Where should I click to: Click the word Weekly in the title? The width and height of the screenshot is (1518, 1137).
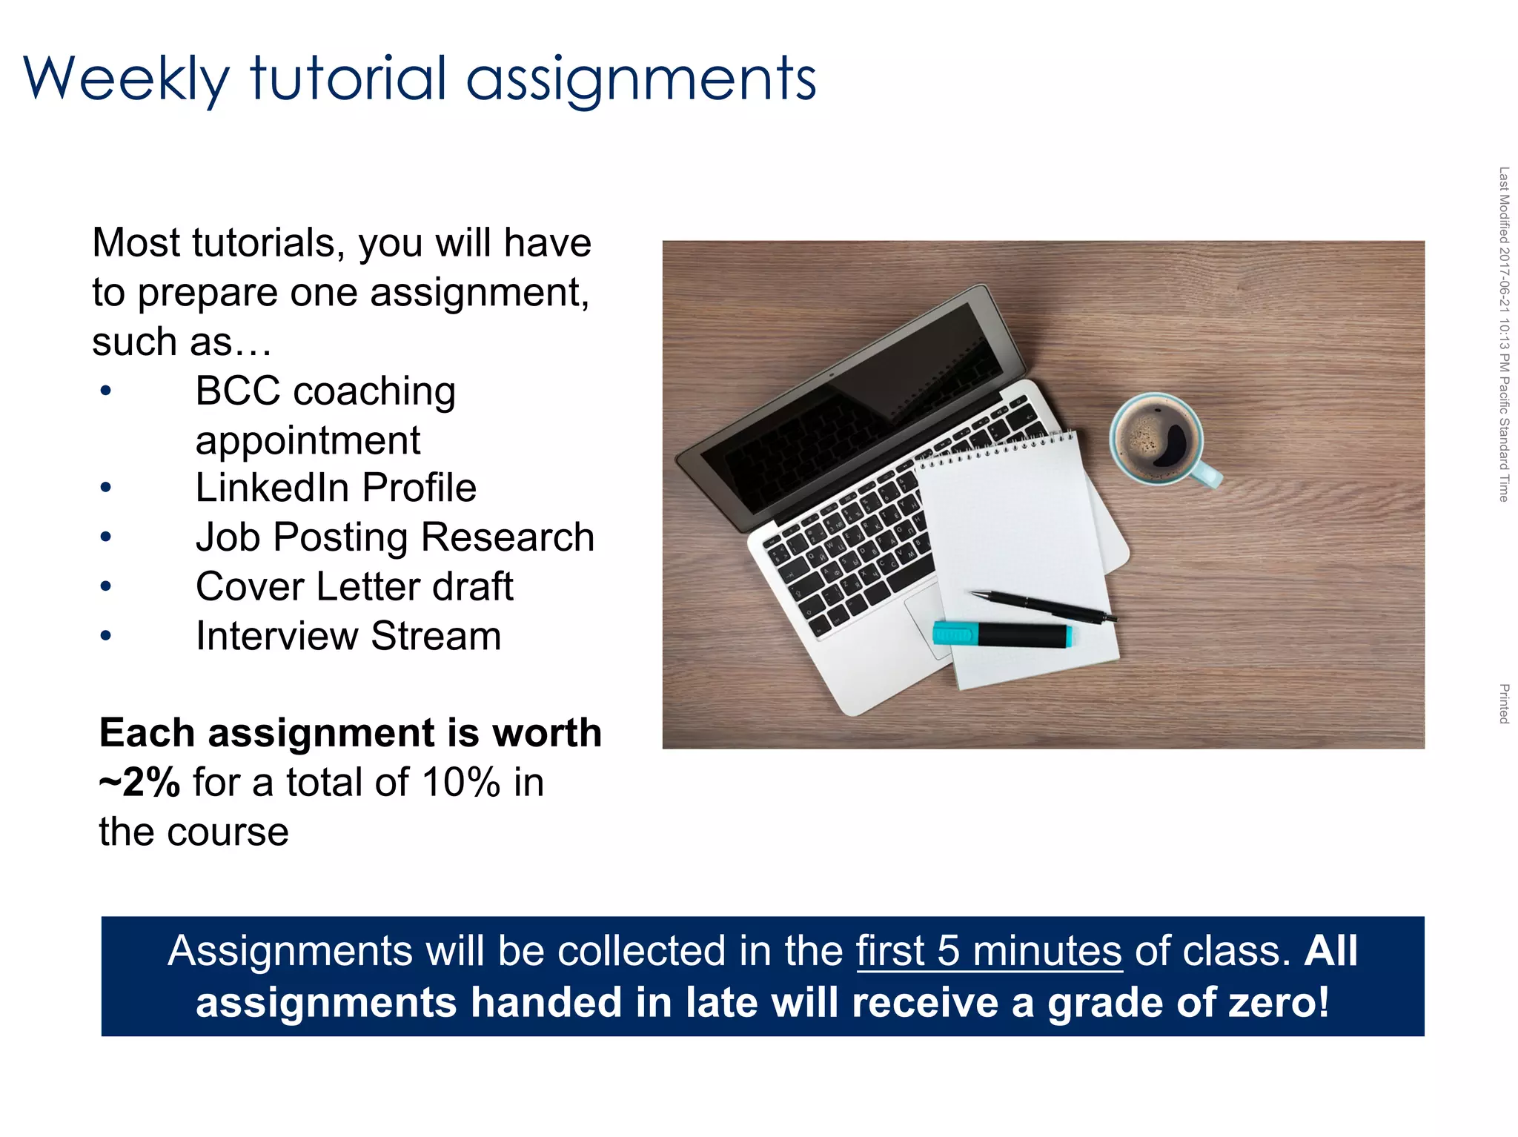point(126,79)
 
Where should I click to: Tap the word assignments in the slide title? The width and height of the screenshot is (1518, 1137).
point(640,80)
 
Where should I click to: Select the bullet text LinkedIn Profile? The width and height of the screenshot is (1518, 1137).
point(335,488)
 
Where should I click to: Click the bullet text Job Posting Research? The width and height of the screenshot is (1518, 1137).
point(394,537)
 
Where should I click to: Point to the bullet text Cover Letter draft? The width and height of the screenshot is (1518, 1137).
point(354,586)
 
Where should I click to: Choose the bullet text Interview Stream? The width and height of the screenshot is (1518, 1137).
point(348,636)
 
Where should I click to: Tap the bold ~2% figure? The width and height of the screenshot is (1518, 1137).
point(139,783)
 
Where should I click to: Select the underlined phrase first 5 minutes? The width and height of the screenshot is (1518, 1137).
point(989,951)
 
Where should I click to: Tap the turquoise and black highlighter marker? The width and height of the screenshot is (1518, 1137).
point(1001,635)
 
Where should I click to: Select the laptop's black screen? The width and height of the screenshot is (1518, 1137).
point(852,408)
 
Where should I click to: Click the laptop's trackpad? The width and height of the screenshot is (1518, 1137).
point(923,615)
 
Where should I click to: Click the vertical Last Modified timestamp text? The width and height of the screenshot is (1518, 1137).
point(1503,334)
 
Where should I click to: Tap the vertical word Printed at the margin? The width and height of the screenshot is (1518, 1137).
point(1503,703)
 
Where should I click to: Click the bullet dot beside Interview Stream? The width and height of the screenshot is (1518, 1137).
point(106,636)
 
